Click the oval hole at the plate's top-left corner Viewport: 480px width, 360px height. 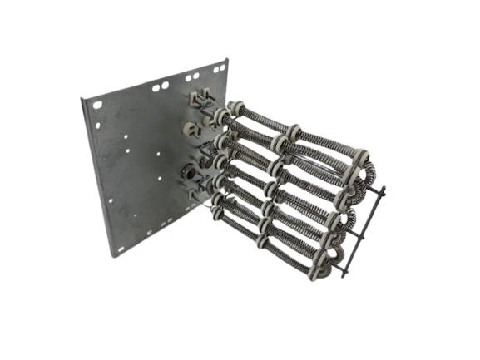coord(97,106)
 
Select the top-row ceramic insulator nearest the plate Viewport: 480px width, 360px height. coord(237,108)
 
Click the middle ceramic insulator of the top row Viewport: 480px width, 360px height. coord(294,131)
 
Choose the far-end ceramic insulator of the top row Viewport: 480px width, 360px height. coord(359,156)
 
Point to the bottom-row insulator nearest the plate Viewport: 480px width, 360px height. coord(218,213)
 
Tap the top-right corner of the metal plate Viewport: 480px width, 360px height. coord(227,59)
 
